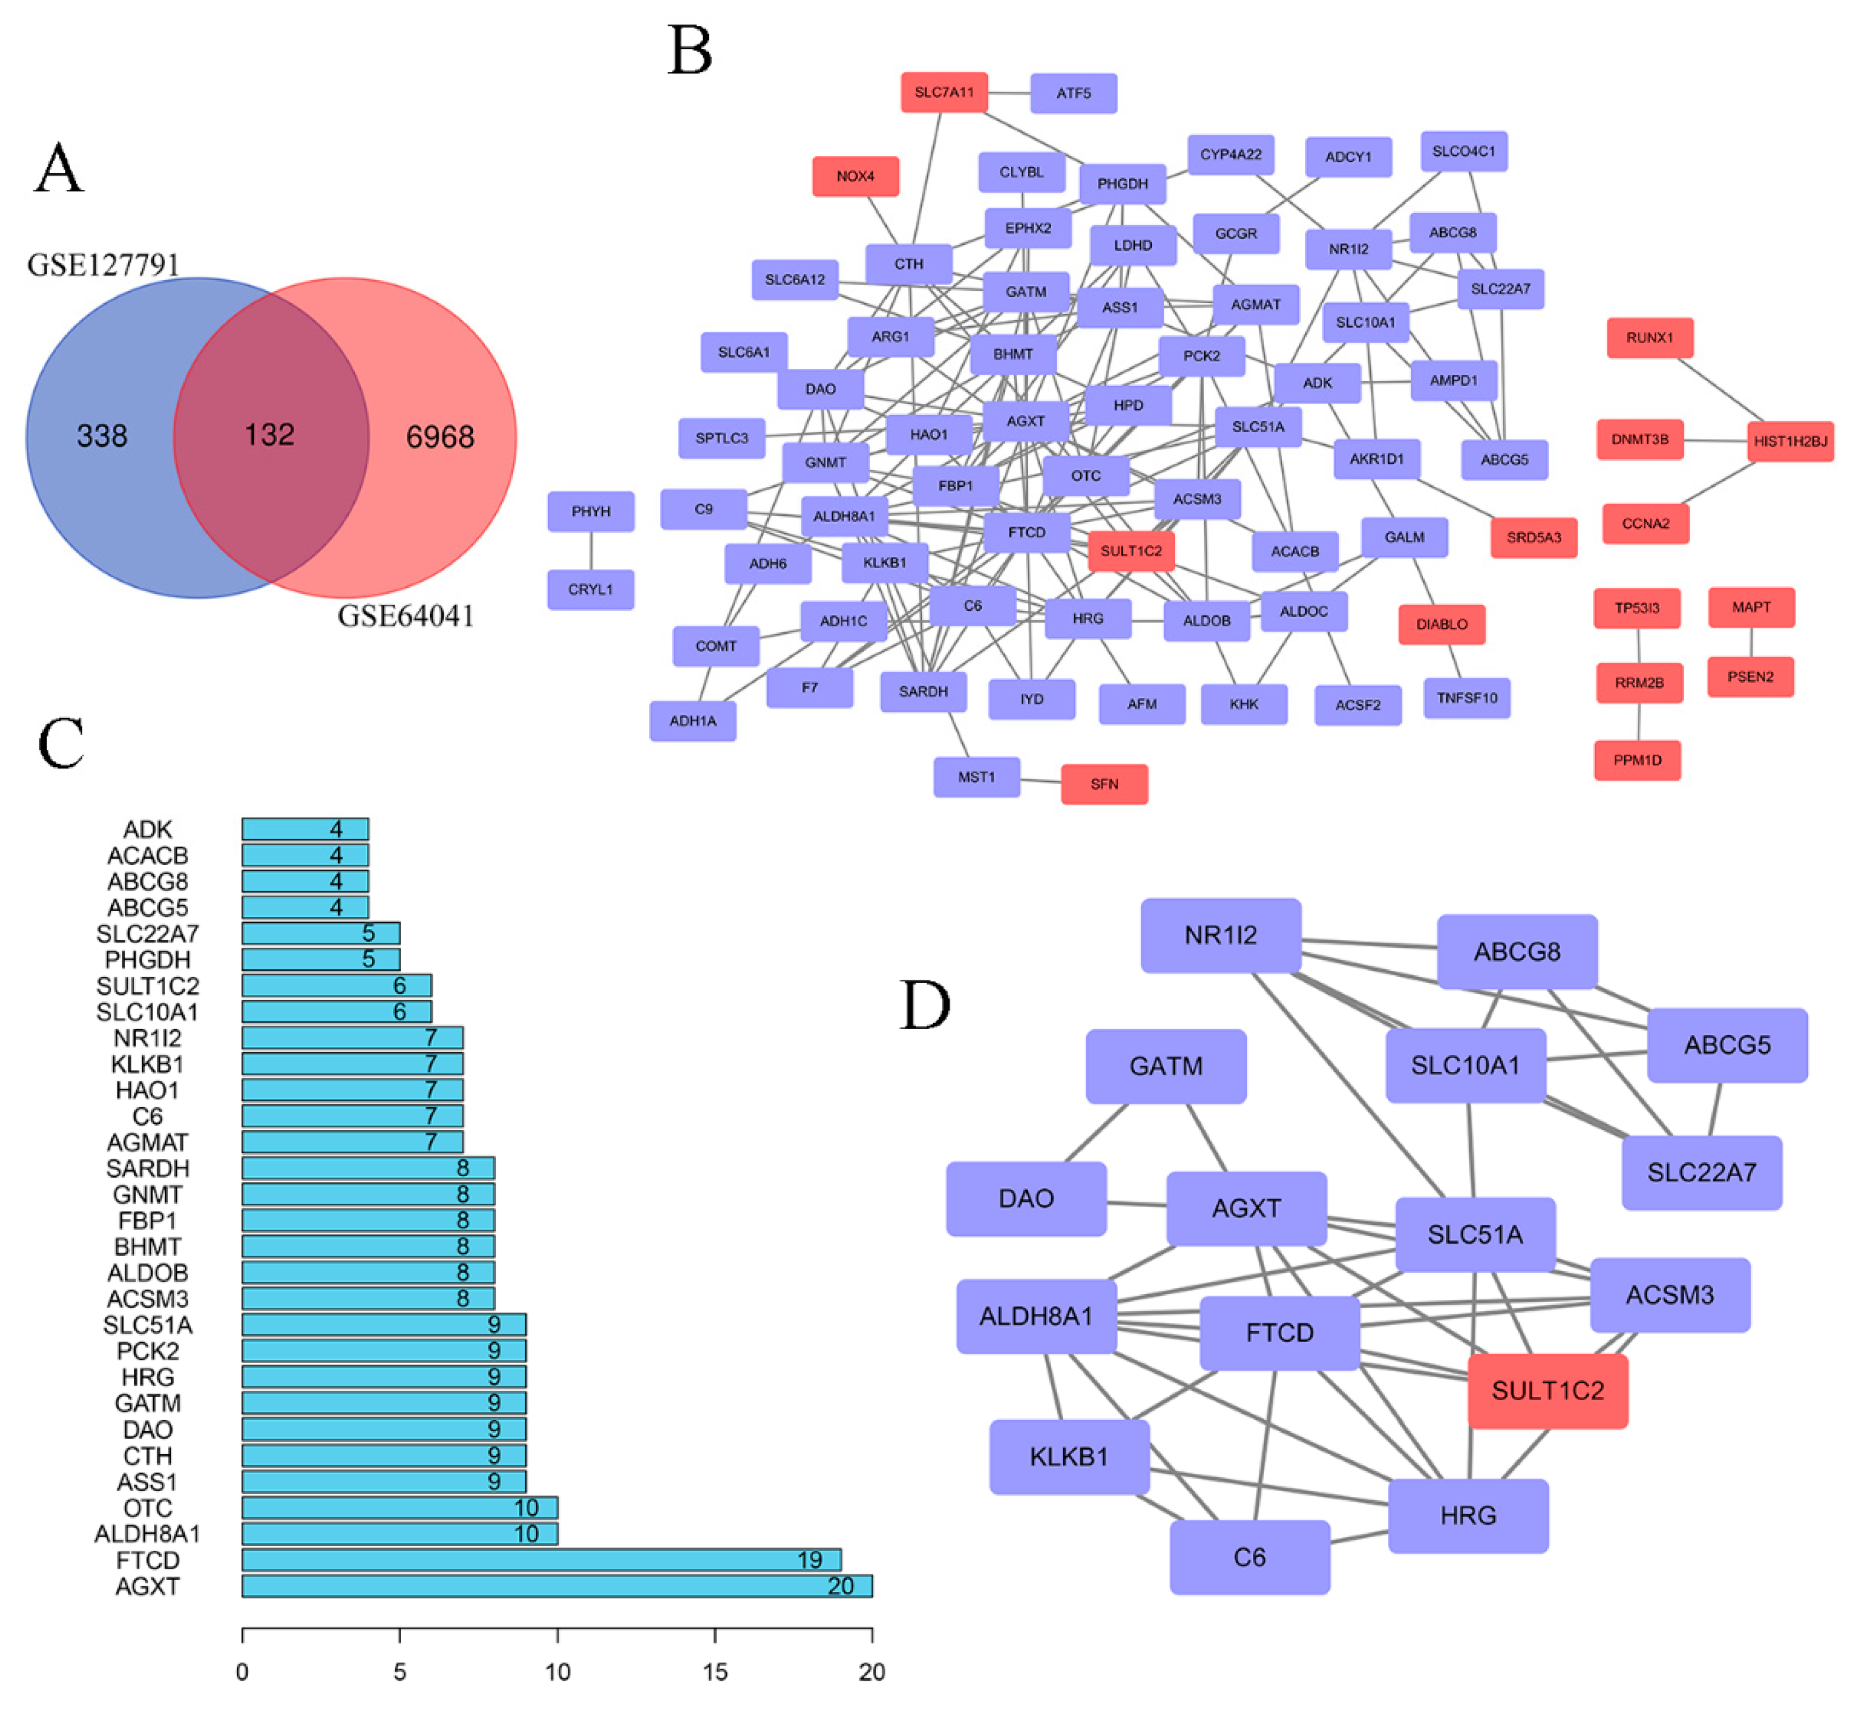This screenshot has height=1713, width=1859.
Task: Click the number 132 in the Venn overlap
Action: [x=269, y=435]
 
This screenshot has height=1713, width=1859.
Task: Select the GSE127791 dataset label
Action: [x=103, y=265]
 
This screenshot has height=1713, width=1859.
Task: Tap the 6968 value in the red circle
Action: [x=440, y=437]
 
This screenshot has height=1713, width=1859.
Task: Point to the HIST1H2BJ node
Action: [x=1789, y=441]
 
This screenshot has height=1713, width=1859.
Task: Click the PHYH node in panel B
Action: [x=591, y=511]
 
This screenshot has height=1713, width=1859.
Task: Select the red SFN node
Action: [x=1104, y=784]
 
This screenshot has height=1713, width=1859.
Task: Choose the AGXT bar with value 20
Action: [x=557, y=1586]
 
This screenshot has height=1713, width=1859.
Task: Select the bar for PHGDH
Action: [x=320, y=960]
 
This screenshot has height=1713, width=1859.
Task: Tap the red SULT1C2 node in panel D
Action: [x=1547, y=1390]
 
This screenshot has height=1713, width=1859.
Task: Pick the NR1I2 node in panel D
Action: [x=1220, y=935]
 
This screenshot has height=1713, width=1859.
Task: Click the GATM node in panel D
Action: [x=1165, y=1066]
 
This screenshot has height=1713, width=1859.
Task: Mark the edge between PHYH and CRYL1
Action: [x=591, y=551]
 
